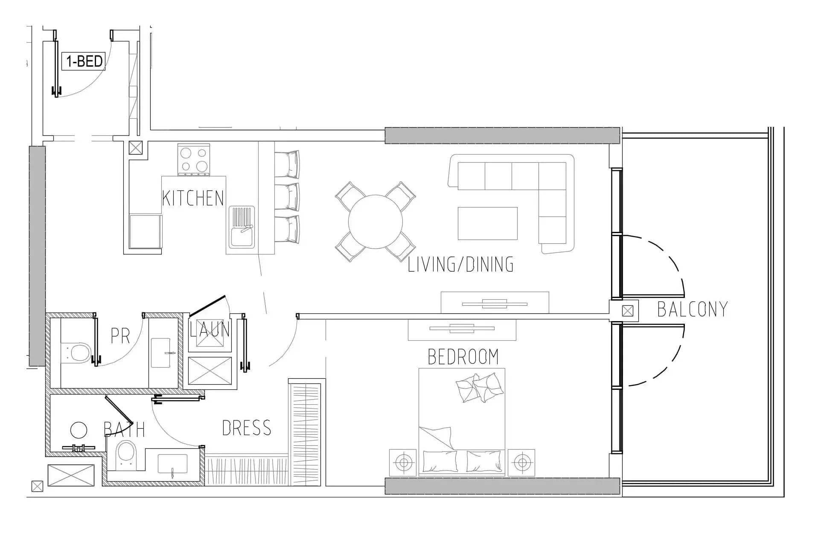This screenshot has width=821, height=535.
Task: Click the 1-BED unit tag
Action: tap(84, 61)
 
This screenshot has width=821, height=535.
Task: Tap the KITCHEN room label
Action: tap(193, 198)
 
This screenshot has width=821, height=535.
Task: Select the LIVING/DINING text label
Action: tap(460, 264)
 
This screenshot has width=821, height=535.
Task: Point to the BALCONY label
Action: tap(692, 309)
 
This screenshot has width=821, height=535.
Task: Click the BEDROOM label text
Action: tap(463, 357)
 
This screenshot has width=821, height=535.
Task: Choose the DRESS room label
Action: tap(247, 428)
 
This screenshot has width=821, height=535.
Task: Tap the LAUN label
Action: tap(210, 329)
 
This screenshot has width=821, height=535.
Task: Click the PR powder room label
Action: tap(120, 336)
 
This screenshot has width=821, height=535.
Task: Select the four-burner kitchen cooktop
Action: tap(194, 160)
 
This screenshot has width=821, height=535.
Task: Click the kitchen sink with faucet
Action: tap(242, 227)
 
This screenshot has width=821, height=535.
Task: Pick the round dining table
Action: tap(376, 222)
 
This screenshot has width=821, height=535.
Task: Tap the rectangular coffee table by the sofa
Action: tap(488, 224)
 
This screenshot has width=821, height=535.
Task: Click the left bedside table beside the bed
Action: tap(403, 462)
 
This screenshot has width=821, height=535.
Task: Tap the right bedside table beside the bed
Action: tap(521, 462)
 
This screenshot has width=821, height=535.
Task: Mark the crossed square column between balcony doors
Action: tap(627, 311)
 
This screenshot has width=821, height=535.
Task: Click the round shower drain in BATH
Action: tap(79, 430)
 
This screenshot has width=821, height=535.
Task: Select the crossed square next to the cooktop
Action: tap(136, 148)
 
